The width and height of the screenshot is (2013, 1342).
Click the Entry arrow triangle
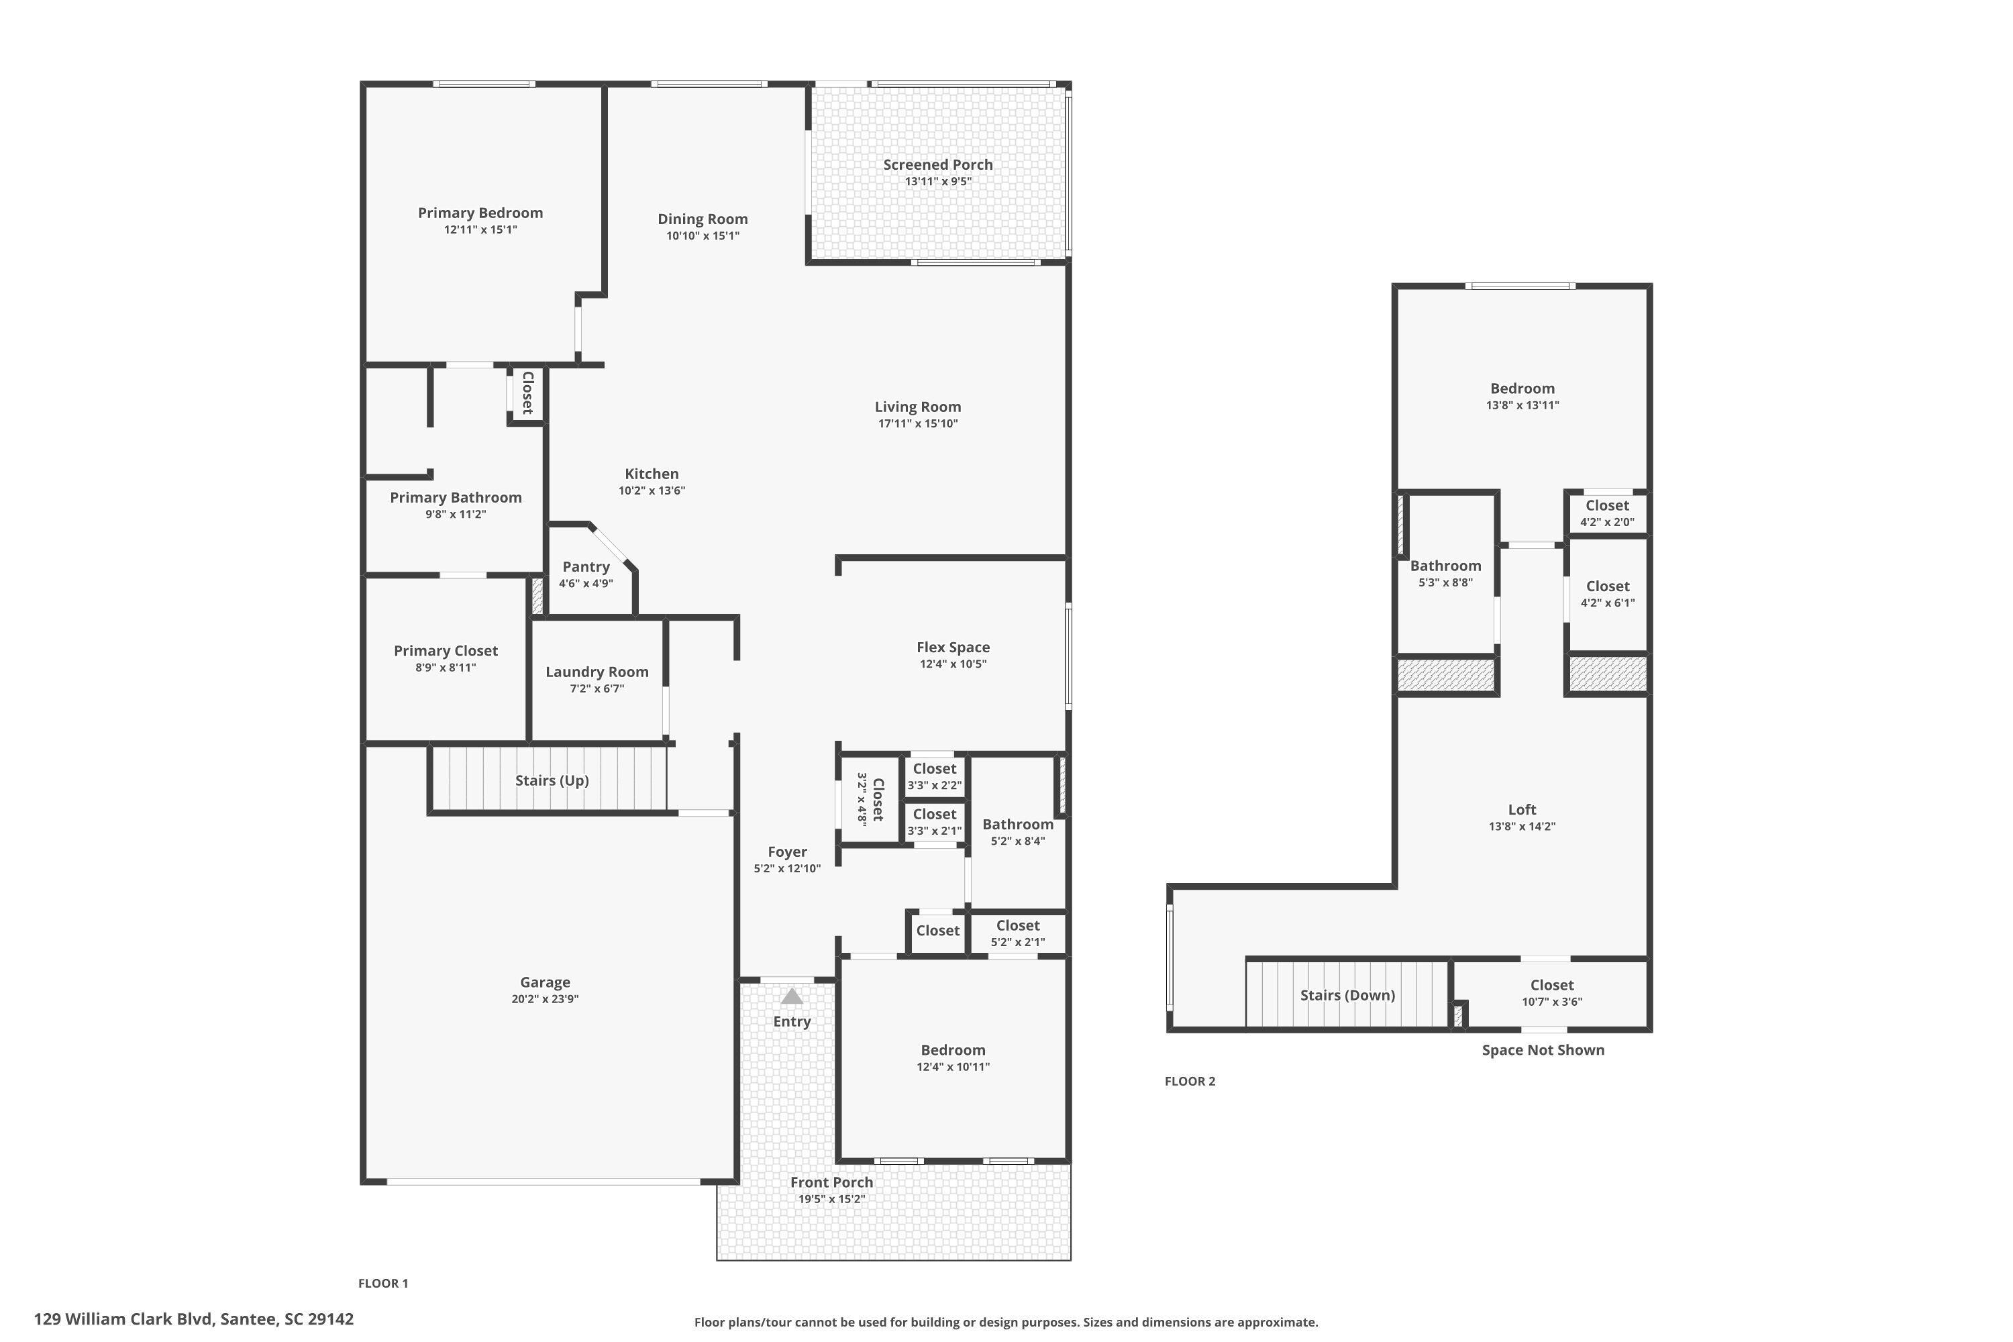792,996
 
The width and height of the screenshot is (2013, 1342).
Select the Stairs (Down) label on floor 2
1347,994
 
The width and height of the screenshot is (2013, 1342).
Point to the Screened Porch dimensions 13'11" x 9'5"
938,181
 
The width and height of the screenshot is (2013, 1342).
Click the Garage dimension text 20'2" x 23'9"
544,999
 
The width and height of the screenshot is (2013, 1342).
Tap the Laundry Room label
597,672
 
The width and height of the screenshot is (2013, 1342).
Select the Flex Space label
953,647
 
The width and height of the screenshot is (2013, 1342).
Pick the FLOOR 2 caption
1190,1081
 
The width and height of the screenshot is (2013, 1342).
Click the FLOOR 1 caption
382,1283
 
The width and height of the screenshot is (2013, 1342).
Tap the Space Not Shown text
1542,1050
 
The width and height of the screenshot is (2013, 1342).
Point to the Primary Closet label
445,650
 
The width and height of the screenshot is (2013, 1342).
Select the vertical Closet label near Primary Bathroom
528,393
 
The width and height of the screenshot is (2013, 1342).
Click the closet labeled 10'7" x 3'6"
1551,993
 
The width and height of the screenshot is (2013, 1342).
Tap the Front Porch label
831,1182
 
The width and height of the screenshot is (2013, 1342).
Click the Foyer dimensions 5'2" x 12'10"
786,869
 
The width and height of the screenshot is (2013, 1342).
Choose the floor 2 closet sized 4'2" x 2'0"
1606,513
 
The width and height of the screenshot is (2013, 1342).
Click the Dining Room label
702,219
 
